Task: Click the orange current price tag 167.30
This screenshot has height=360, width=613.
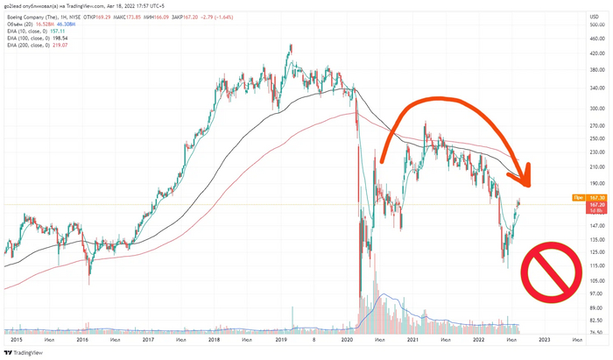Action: point(595,198)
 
